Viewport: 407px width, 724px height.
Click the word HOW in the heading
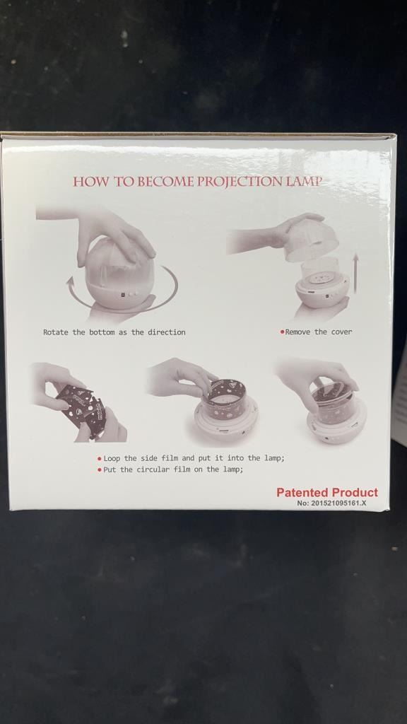tap(92, 182)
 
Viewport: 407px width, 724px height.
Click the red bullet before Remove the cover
tap(282, 332)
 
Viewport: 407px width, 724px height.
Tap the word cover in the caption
tap(341, 332)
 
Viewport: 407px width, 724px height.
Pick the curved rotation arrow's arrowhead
tap(71, 281)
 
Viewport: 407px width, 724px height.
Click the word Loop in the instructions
tap(112, 458)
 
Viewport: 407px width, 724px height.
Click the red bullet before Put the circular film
tap(100, 470)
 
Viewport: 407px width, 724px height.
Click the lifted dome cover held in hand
tap(312, 242)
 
